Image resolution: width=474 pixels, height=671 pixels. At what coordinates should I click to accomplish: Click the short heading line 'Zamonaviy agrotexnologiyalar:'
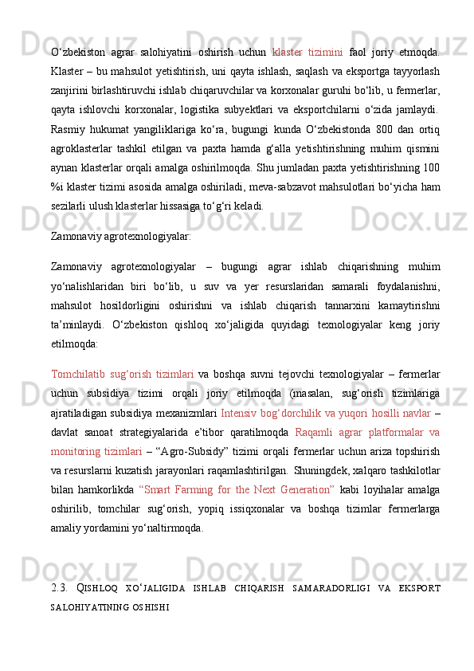(120, 237)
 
